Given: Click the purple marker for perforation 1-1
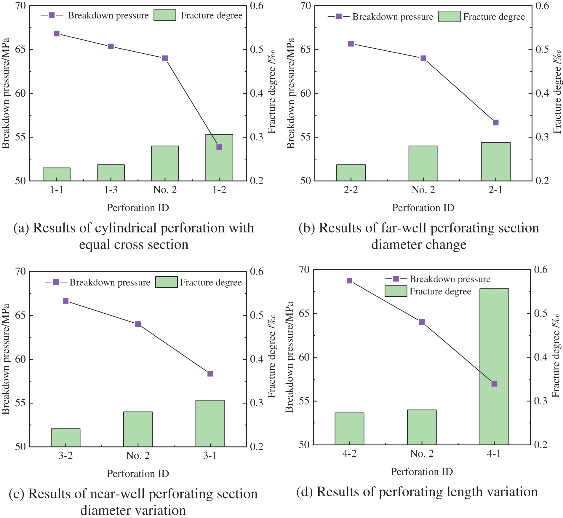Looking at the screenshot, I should point(57,34).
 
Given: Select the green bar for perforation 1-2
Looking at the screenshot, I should point(219,166).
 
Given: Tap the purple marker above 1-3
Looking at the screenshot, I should point(111,46).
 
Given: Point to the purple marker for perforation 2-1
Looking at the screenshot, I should point(496,122).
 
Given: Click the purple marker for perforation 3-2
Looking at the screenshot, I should point(66,301).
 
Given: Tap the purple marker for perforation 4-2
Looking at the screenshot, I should point(349,280).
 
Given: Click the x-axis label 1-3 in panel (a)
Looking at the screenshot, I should point(111,190).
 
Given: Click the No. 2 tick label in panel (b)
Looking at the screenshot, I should point(423,190).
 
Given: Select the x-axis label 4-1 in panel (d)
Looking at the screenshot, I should point(494,453).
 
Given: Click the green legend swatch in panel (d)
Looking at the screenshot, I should point(396,291).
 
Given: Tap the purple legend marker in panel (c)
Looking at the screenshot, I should point(56,282).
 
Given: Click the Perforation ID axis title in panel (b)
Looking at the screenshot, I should point(423,208).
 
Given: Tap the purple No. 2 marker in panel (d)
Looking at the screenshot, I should point(422,322).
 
